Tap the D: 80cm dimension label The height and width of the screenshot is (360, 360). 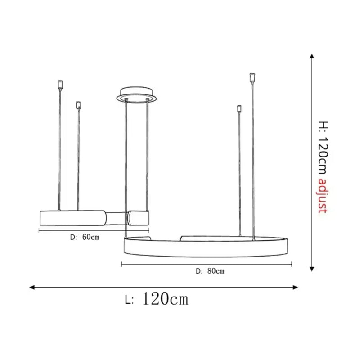(x=210, y=271)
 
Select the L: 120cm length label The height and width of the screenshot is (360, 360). (x=157, y=299)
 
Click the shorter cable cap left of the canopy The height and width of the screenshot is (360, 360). (x=79, y=105)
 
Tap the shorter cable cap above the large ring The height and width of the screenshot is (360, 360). (x=239, y=109)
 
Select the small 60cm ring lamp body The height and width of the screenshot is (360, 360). (x=72, y=218)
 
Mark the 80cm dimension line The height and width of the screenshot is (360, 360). (x=207, y=265)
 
